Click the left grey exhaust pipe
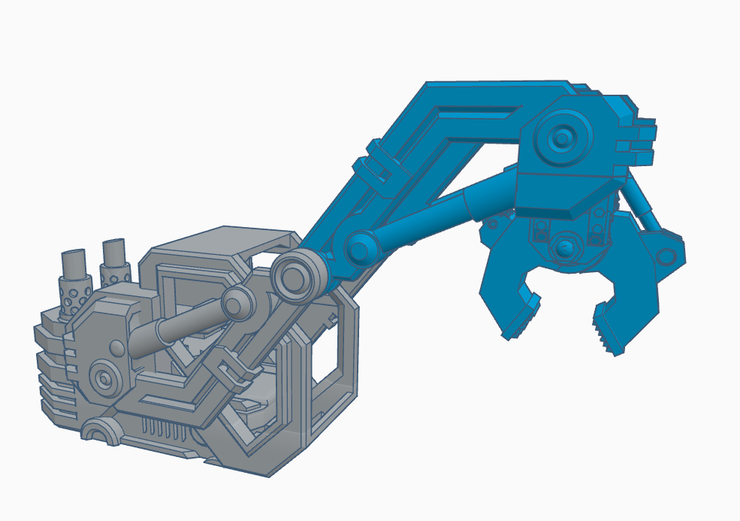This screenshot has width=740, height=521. [x=75, y=263]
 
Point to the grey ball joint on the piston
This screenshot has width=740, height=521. [x=239, y=304]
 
